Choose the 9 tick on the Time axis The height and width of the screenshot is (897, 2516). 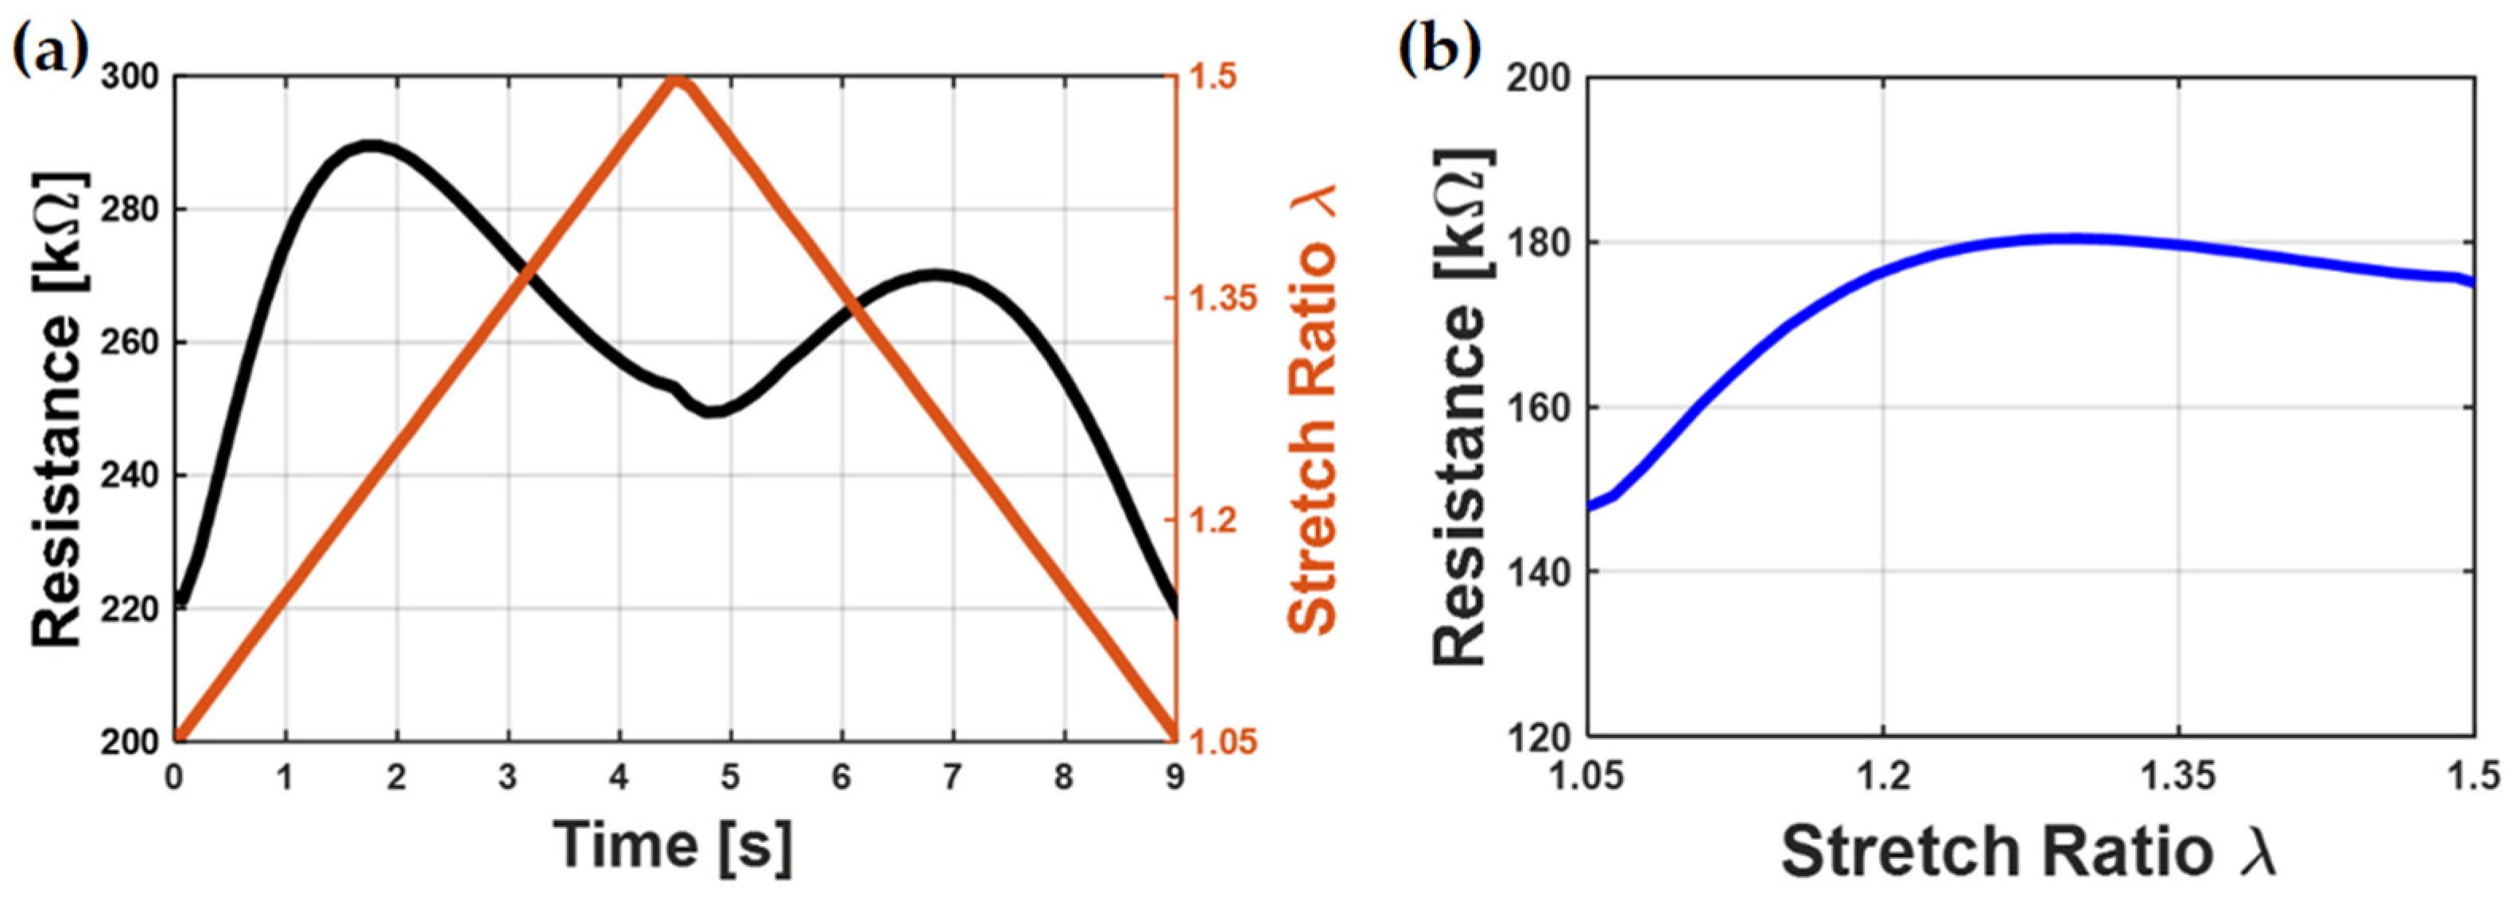[1174, 778]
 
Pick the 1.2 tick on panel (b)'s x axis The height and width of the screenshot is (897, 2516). [1881, 778]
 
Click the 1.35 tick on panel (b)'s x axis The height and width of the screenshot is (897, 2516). [2178, 778]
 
